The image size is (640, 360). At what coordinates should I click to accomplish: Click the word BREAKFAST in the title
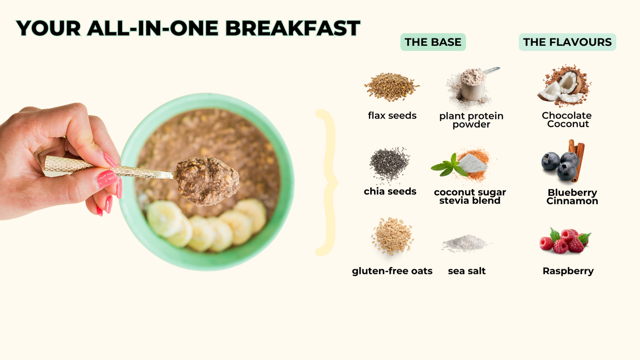click(x=293, y=28)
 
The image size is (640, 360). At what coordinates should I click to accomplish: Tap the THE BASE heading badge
click(x=433, y=42)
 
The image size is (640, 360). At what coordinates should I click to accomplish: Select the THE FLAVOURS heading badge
click(x=567, y=42)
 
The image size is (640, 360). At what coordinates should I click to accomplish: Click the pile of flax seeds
click(x=391, y=87)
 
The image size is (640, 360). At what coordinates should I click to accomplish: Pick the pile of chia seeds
click(x=389, y=164)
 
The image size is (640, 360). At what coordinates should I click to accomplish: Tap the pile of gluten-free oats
click(x=393, y=236)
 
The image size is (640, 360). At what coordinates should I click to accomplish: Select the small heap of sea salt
click(x=465, y=243)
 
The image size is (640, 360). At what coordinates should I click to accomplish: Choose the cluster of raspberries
click(x=565, y=241)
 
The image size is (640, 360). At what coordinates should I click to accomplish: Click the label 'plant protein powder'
click(x=471, y=120)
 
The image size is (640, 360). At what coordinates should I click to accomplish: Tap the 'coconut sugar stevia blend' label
click(x=470, y=196)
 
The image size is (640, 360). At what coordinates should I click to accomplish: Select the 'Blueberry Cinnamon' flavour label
click(x=572, y=197)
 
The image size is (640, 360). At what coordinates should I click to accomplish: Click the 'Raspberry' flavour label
click(x=568, y=271)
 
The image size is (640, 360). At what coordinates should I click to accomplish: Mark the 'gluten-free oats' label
click(x=392, y=271)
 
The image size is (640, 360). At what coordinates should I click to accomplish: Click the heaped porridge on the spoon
click(x=207, y=181)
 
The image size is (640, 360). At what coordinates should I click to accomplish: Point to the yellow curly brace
click(x=327, y=183)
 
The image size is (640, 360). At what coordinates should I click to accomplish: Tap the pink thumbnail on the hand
click(x=107, y=179)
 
